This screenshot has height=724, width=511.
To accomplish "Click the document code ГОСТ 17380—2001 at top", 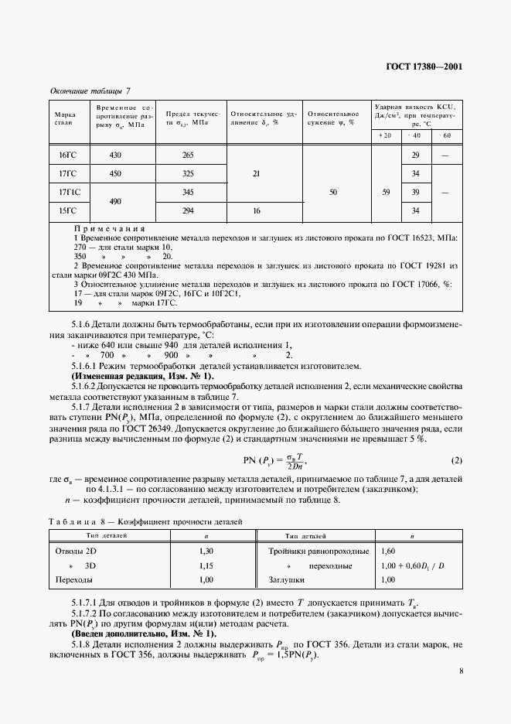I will pyautogui.click(x=424, y=67).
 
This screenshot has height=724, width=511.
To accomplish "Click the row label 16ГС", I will pyautogui.click(x=68, y=155).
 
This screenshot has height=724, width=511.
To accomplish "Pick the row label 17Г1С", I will pyautogui.click(x=70, y=191).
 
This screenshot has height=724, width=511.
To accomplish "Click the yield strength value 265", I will pyautogui.click(x=188, y=155).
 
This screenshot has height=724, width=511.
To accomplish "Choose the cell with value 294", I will pyautogui.click(x=188, y=210).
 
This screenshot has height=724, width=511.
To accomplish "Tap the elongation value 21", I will pyautogui.click(x=256, y=174).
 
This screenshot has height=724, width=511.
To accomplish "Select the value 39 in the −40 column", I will pyautogui.click(x=416, y=191).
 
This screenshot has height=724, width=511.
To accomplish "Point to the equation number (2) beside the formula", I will pyautogui.click(x=456, y=461).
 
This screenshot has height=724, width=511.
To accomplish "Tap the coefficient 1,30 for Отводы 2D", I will pyautogui.click(x=206, y=551).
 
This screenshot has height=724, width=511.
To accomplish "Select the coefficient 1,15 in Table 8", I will pyautogui.click(x=206, y=565).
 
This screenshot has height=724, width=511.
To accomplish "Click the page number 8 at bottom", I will pyautogui.click(x=461, y=671).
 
